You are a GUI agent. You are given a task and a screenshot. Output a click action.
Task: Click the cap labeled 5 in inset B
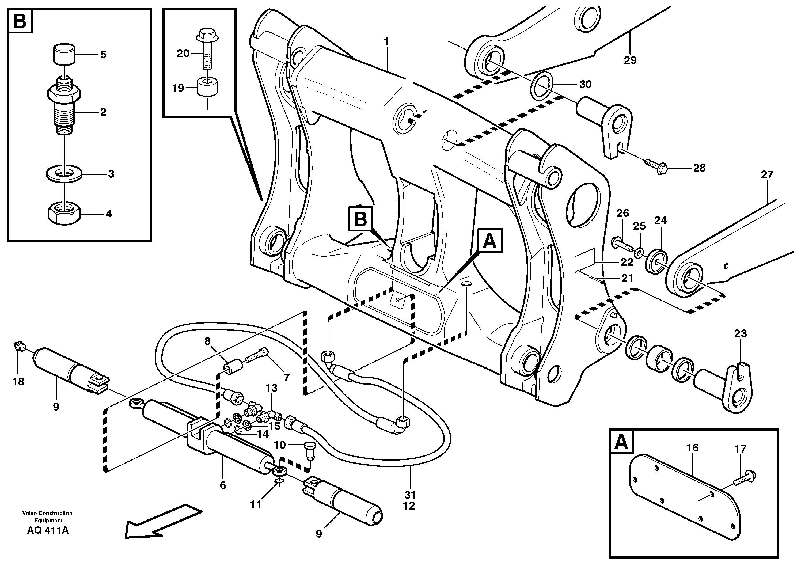[64, 54]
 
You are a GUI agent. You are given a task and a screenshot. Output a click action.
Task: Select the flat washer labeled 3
[64, 174]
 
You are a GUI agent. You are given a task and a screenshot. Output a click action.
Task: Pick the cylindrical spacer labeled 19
[207, 88]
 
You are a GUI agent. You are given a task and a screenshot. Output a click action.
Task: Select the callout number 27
[767, 174]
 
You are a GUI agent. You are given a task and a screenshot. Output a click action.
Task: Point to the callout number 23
[740, 333]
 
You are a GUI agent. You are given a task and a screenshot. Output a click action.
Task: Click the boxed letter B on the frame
[360, 219]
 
